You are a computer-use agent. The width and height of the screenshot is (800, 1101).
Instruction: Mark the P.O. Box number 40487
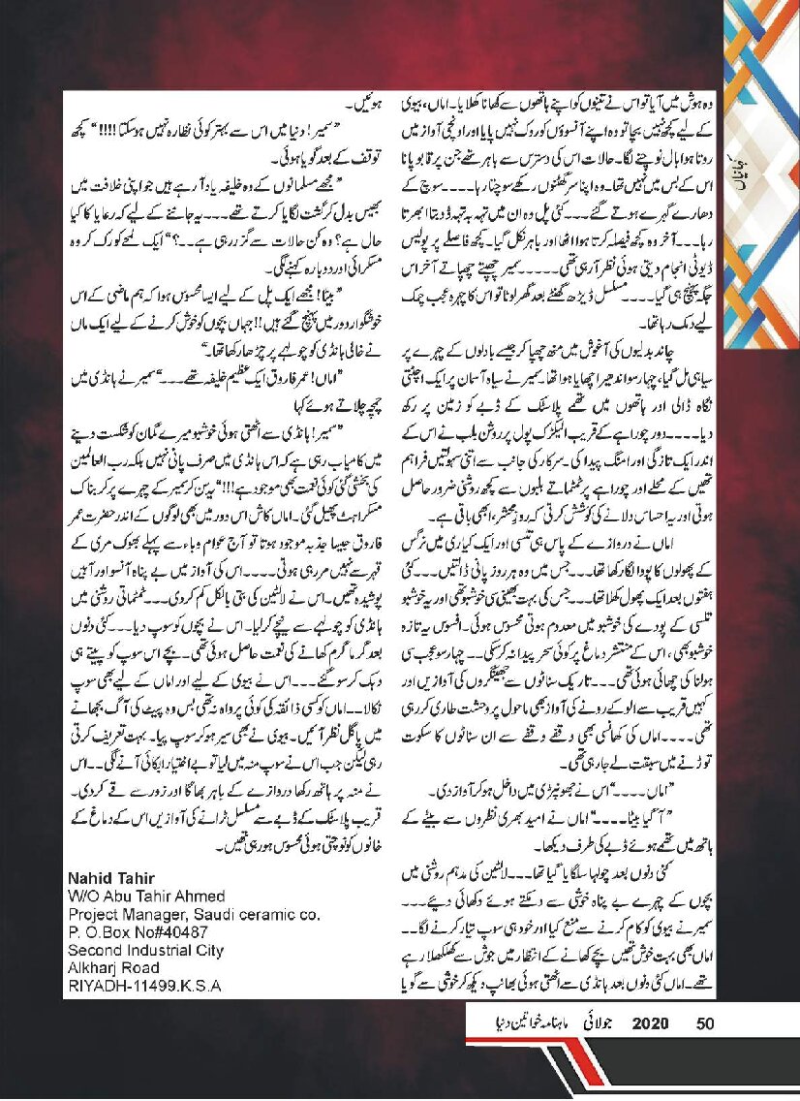(x=180, y=928)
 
